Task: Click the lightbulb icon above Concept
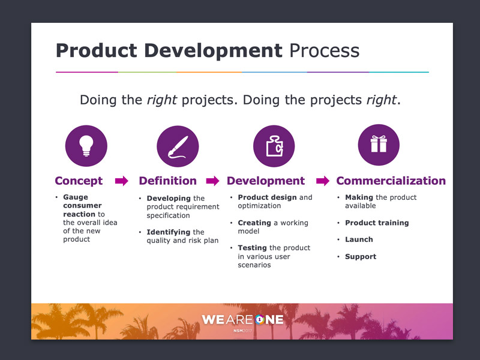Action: pos(86,146)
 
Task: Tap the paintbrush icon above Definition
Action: pos(178,146)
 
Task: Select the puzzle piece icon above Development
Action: pos(274,146)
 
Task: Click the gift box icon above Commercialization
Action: pos(379,145)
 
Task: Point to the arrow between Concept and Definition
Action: pos(122,181)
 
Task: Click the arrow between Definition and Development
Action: pos(213,181)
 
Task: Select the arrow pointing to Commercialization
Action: pos(323,181)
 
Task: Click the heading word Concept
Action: pos(79,181)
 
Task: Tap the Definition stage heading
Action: pos(168,181)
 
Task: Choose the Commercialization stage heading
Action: pos(391,181)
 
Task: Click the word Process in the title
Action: pos(325,50)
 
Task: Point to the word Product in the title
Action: pos(97,50)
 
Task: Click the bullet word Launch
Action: pos(359,239)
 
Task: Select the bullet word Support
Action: pos(361,257)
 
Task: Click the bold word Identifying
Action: pos(169,232)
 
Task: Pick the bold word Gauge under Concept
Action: pos(76,197)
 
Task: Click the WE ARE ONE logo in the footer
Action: pos(243,320)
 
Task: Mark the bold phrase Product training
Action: pos(377,223)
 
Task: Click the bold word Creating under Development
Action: pos(254,223)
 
